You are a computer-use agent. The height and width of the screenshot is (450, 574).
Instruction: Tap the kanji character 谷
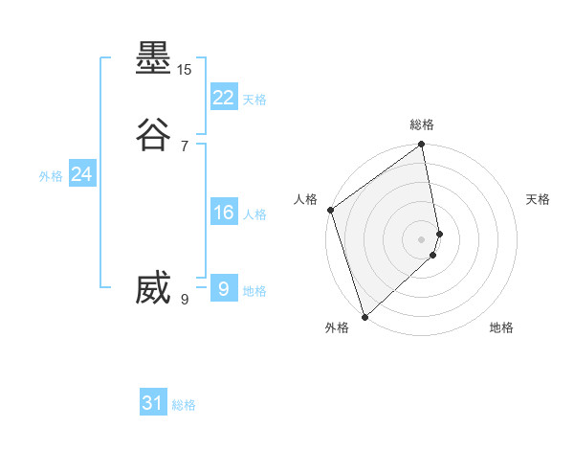[x=154, y=134]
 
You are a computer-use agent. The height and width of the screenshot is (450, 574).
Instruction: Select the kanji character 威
[x=154, y=288]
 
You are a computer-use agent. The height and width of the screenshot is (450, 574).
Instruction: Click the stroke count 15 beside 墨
[x=185, y=70]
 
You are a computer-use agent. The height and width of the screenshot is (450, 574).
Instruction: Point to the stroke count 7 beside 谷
[x=185, y=146]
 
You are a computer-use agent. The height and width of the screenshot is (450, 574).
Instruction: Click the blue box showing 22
[x=223, y=97]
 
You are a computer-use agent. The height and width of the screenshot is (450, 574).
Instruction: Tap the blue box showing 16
[x=223, y=213]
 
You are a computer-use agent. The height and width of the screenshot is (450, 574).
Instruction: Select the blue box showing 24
[x=82, y=174]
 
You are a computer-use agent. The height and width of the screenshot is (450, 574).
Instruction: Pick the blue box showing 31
[x=153, y=403]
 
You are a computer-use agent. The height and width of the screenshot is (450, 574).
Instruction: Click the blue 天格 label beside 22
[x=254, y=100]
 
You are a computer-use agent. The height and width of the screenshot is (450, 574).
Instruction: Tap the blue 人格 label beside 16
[x=254, y=214]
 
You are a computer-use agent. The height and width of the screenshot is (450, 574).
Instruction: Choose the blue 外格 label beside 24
[x=51, y=176]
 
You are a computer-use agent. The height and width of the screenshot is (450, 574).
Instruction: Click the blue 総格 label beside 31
[x=184, y=405]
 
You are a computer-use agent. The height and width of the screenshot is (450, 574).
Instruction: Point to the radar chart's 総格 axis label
[x=422, y=124]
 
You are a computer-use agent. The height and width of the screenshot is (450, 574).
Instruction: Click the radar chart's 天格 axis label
[x=539, y=199]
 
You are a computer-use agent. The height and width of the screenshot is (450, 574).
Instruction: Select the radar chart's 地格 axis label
[x=501, y=327]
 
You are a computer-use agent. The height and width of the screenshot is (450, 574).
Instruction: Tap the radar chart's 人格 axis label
[x=305, y=199]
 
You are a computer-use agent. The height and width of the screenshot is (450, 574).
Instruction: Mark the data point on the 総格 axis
[x=422, y=146]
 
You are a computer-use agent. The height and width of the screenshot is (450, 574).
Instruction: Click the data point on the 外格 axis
[x=364, y=316]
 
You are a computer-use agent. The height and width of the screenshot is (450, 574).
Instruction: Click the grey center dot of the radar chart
[x=422, y=238]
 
